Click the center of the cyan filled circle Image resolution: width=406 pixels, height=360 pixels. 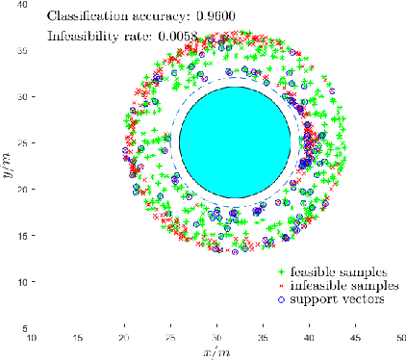pos(235,142)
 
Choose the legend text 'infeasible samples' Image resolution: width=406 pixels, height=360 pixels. pos(342,286)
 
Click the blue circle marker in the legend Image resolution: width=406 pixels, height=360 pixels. pos(282,299)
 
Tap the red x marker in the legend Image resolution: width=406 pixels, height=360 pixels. pos(282,286)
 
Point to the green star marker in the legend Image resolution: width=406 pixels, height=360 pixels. pos(282,272)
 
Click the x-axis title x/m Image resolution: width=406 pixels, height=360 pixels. pos(216,352)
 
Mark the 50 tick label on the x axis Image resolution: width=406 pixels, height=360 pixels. pos(401,339)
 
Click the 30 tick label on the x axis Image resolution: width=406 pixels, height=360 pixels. pos(216,339)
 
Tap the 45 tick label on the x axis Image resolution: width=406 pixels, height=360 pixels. pos(355,339)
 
